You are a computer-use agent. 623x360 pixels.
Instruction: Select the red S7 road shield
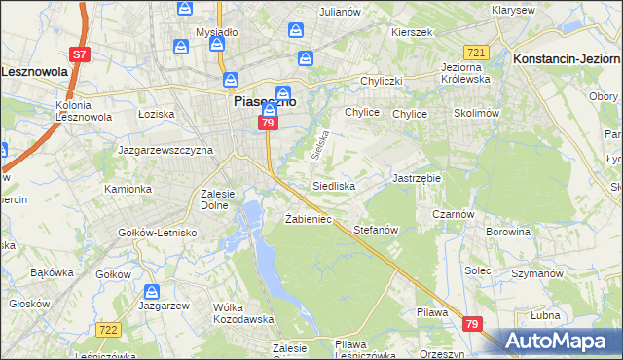[x=82, y=54]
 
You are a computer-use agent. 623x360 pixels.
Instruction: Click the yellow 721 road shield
[x=476, y=52]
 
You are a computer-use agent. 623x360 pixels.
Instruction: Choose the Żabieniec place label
[x=309, y=219]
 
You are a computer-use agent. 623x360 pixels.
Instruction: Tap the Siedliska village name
[x=333, y=185]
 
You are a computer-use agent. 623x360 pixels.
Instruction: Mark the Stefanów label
[x=377, y=231]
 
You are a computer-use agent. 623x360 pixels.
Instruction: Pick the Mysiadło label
[x=216, y=32]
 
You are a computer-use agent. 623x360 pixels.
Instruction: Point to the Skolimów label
[x=476, y=113]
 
